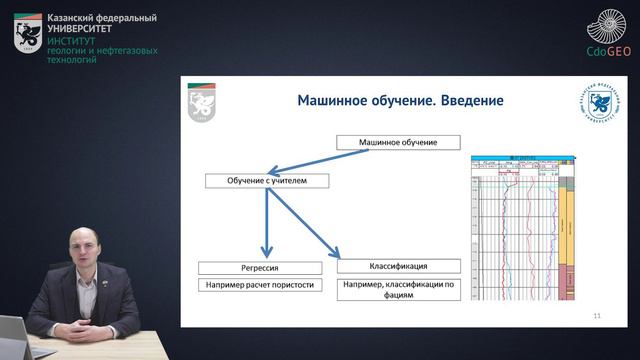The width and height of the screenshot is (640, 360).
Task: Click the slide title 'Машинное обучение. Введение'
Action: click(x=400, y=102)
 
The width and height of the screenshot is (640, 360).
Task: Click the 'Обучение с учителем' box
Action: click(x=265, y=181)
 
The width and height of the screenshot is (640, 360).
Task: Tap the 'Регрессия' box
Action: click(x=260, y=268)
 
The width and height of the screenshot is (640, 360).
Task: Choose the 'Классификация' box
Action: click(x=399, y=267)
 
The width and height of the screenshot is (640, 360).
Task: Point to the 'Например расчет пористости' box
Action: click(x=260, y=285)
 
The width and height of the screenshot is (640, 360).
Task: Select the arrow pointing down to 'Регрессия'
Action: click(x=266, y=225)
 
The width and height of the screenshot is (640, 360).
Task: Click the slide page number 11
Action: click(x=597, y=315)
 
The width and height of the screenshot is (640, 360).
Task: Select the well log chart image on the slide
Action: click(x=522, y=228)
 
